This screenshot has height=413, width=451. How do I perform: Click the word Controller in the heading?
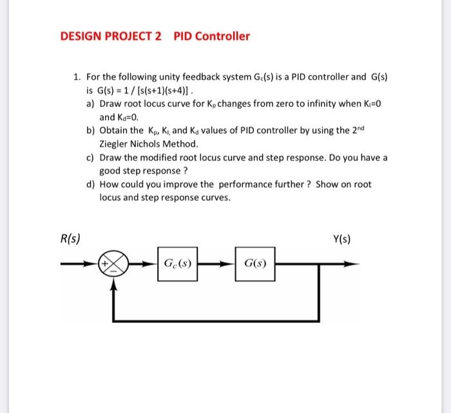tap(222, 36)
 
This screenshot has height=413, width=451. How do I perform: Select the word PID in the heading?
tap(183, 36)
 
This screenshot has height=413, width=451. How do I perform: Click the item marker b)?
tap(90, 131)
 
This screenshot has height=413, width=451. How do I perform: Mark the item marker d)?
tap(90, 185)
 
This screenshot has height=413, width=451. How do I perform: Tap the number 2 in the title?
tap(158, 36)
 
